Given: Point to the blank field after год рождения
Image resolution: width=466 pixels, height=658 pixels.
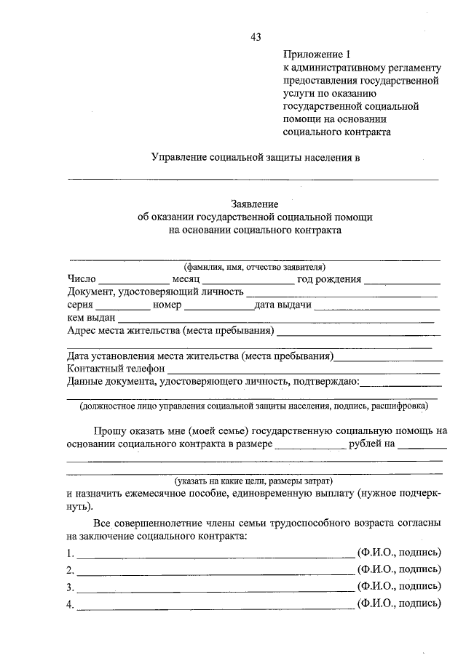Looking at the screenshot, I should pos(402,281).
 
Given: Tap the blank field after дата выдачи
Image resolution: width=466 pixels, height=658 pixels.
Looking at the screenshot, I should pos(377,308).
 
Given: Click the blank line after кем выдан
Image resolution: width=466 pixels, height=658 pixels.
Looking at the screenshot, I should pos(276,320).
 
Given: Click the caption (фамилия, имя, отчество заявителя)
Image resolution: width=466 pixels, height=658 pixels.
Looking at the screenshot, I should pos(254,267).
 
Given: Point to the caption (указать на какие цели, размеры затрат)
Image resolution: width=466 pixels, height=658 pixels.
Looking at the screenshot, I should pos(253,481).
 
